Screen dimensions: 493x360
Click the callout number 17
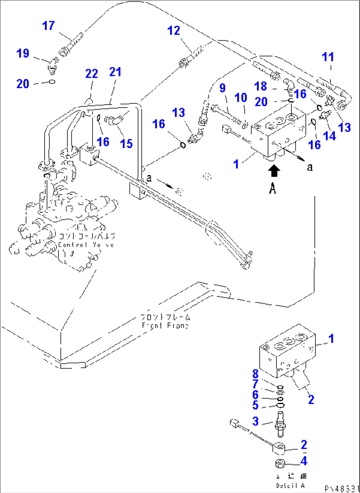48,26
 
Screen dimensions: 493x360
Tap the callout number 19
23,53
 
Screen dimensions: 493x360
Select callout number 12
174,31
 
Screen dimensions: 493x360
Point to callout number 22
91,73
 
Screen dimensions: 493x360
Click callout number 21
115,72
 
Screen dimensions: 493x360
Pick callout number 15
126,143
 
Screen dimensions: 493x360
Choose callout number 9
223,88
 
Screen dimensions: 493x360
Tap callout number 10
241,97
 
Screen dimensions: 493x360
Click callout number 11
328,57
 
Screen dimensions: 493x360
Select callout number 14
329,135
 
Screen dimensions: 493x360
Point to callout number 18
261,86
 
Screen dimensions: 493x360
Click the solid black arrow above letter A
274,171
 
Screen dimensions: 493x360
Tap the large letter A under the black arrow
272,189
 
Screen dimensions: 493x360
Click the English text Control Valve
86,245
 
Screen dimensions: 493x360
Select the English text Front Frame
165,326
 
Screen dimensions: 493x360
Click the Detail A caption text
291,485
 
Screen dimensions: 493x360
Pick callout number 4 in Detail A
304,461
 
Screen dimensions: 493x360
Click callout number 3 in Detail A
255,421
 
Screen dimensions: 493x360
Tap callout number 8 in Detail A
255,374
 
